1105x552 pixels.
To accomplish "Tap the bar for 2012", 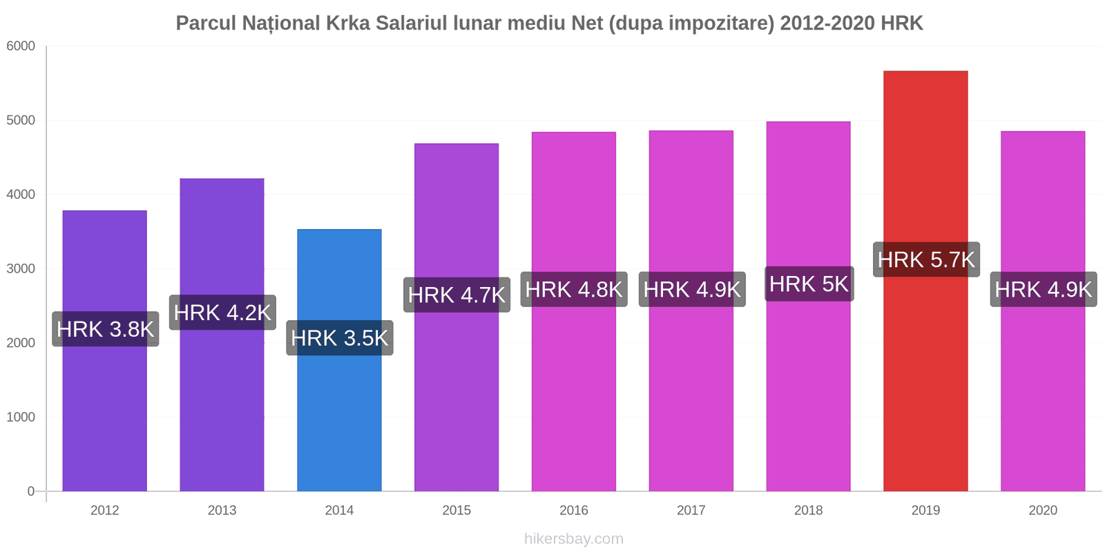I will tap(105, 414).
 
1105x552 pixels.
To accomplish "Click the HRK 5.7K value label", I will tap(926, 259).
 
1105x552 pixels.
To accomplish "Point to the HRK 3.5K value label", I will tap(340, 338).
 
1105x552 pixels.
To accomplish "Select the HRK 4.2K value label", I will tap(222, 313).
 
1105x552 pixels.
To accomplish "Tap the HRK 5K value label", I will tap(809, 284).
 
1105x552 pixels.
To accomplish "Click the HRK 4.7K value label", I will tap(457, 295).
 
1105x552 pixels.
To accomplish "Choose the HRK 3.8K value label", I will tap(106, 329).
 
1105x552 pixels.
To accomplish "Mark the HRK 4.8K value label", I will tap(574, 289).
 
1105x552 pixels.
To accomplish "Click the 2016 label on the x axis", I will tap(574, 511).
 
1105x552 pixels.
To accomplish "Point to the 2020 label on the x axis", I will tap(1043, 511).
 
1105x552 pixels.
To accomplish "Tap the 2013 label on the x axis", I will tap(222, 511).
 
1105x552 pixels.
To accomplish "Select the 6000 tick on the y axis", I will tap(21, 46).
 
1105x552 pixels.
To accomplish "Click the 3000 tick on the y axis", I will tap(21, 269).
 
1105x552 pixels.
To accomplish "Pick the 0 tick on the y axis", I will tap(31, 491).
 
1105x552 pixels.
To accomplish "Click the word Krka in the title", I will tap(350, 23).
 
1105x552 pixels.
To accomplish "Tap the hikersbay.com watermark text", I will tap(574, 539).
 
